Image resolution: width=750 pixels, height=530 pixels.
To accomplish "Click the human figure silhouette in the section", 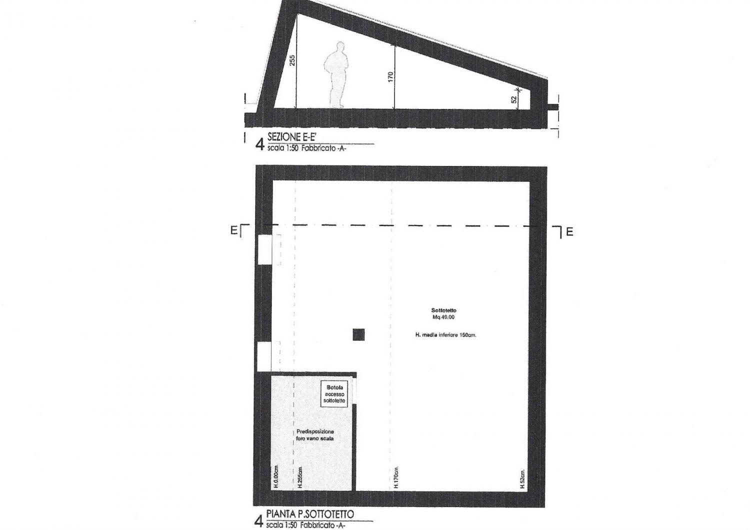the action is tap(336, 74).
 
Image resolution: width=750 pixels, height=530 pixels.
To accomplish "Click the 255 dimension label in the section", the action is tap(292, 60).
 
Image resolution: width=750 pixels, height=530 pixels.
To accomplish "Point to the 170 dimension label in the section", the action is tap(390, 76).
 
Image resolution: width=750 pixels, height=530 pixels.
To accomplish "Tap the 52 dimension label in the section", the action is tap(514, 99).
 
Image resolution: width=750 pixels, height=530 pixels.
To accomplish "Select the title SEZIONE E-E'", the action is tap(291, 137).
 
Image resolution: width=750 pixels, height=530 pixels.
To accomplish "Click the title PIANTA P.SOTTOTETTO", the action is tap(310, 513).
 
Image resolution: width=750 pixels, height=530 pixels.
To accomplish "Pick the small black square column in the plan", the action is tap(358, 334).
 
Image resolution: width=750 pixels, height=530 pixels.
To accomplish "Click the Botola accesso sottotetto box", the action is tap(334, 393).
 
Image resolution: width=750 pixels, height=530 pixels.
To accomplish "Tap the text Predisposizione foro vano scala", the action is tap(315, 435).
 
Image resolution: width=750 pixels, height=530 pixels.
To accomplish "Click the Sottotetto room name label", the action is tap(443, 310).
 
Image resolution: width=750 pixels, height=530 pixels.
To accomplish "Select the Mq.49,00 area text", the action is tap(443, 317).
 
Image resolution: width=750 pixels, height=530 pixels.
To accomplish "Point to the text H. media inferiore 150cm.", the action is tap(445, 335).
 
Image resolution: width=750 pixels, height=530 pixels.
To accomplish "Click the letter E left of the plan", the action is tap(233, 230).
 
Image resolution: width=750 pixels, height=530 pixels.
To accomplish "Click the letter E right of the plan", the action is tap(569, 231).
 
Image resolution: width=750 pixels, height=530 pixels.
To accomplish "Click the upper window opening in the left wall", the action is tap(264, 249).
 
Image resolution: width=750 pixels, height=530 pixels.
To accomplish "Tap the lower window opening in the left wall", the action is tap(264, 356).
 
